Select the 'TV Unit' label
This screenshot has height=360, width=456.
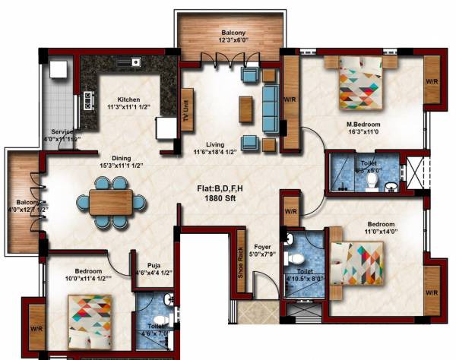[185, 99]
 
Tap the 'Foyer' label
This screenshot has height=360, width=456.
[263, 245]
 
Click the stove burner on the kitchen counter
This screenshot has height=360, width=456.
[88, 99]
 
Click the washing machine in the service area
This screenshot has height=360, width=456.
[58, 70]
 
